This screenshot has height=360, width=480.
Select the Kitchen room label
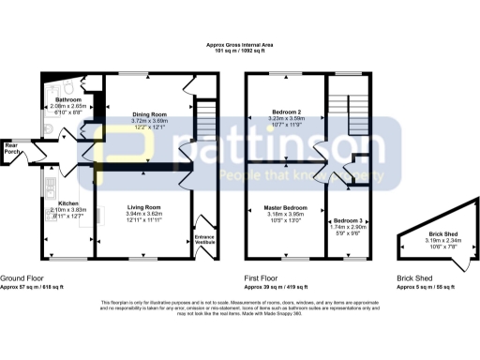[68, 202]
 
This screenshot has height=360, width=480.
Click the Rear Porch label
[12, 148]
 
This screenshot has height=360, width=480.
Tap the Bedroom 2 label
[282, 112]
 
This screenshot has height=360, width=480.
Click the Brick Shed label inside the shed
[430, 235]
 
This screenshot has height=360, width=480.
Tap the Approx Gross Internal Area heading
[240, 44]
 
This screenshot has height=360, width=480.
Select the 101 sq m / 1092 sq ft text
[240, 52]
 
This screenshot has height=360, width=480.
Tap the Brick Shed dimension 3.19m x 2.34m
[430, 242]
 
